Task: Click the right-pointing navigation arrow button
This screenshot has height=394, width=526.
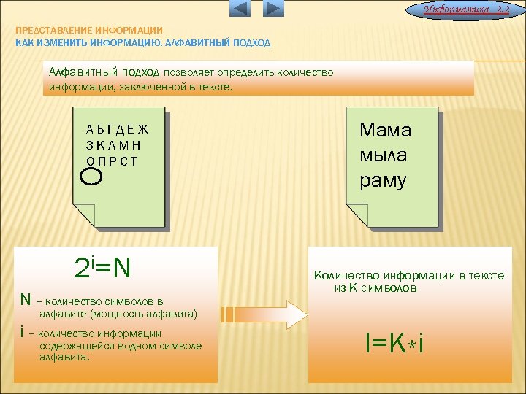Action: point(272,9)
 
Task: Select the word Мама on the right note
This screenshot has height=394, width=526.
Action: point(385,131)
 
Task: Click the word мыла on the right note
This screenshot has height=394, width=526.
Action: point(383,155)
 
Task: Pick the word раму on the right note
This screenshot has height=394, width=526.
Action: point(383,180)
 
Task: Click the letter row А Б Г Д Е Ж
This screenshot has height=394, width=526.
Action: point(117,130)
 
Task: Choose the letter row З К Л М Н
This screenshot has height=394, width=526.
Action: point(113,145)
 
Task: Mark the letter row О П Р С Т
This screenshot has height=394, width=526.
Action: point(112,161)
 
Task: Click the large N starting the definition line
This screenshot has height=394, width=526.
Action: point(26,300)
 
